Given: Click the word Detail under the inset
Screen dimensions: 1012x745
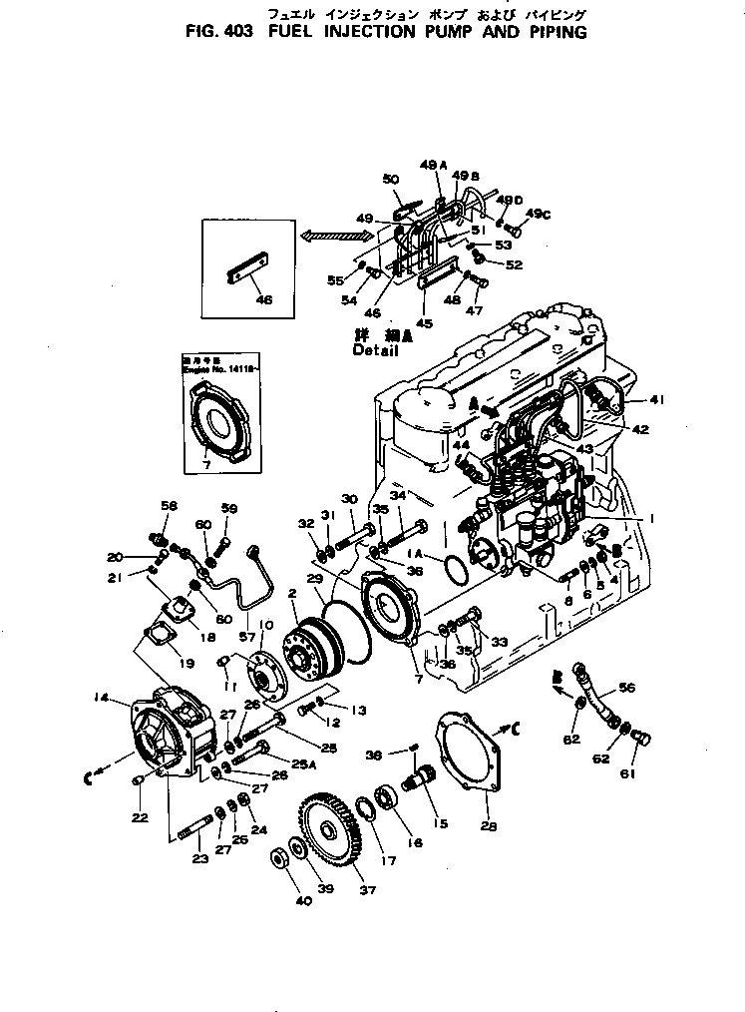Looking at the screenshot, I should pos(375,351).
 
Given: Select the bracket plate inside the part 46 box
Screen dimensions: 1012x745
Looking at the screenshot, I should pos(247,275).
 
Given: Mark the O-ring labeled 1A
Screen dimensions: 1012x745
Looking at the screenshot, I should pos(454,572).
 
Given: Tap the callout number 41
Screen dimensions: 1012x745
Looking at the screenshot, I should pos(656,400).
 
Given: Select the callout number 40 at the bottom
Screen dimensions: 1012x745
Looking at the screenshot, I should pos(304,901).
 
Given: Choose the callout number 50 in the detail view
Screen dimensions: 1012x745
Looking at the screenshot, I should pos(390,180).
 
